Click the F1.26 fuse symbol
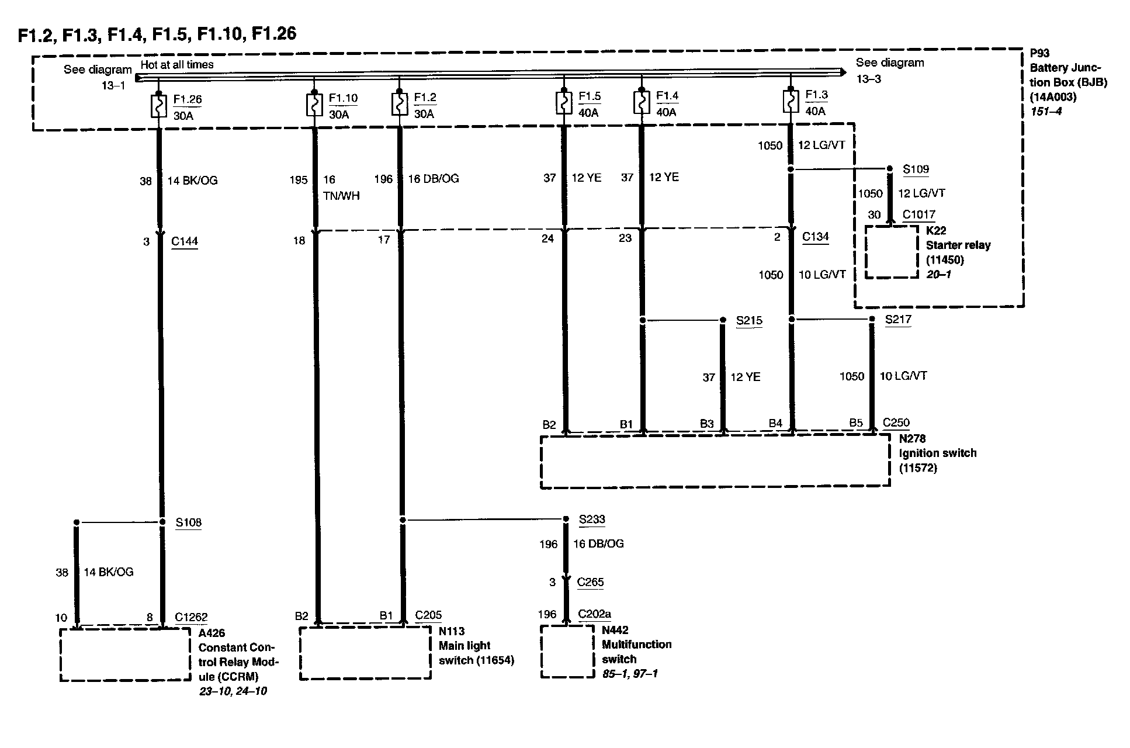coord(159,105)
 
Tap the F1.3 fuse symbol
coord(791,101)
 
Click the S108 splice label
coord(188,522)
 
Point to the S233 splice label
coord(591,519)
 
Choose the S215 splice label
coord(748,320)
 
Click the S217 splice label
coord(897,319)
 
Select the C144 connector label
coord(184,241)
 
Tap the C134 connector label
coord(815,237)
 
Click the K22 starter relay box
coord(891,252)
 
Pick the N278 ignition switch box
coord(715,461)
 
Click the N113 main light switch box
coord(365,653)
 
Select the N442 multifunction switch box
coord(567,652)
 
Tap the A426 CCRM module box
coord(125,654)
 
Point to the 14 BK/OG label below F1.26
coord(192,181)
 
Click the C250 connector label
coord(896,423)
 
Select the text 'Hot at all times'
coord(177,64)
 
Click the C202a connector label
coord(594,614)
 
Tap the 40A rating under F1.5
coord(588,113)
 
